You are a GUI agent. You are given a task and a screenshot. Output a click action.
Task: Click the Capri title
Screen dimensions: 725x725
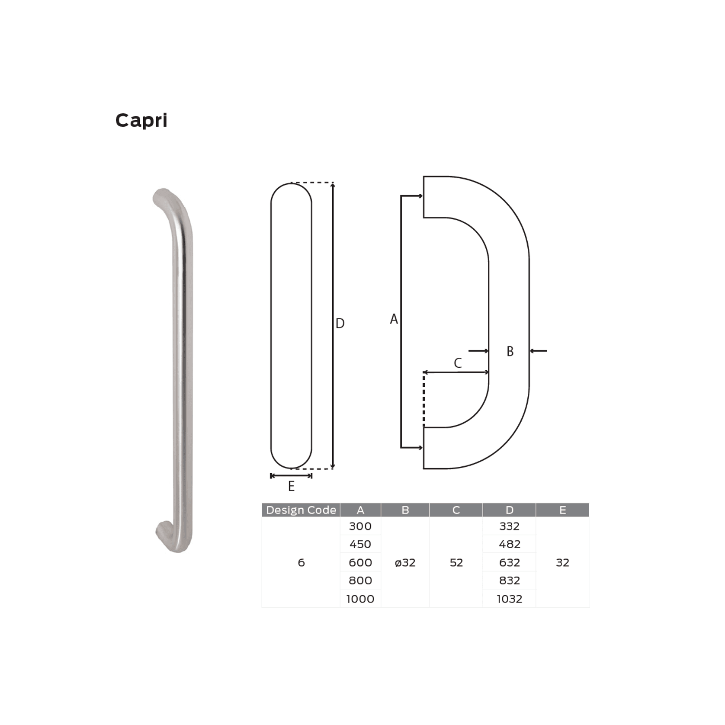(x=141, y=121)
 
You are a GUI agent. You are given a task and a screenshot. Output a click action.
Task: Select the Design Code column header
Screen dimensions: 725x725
(x=301, y=510)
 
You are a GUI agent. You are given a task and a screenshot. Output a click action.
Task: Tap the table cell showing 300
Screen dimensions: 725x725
(x=360, y=526)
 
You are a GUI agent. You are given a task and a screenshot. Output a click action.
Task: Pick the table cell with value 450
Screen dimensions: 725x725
(x=360, y=544)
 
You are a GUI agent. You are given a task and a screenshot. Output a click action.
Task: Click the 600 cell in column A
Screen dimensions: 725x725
(x=360, y=563)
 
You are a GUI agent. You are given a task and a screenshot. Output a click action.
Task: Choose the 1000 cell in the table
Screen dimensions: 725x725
(x=360, y=599)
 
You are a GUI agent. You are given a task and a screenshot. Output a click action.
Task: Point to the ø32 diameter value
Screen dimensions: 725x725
(x=405, y=563)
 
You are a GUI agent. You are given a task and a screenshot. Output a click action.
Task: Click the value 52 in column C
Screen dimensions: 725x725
(x=456, y=563)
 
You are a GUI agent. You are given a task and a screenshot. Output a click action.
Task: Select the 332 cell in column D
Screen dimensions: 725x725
(x=509, y=526)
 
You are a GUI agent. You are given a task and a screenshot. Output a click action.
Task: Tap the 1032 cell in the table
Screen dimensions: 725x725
(x=509, y=599)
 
